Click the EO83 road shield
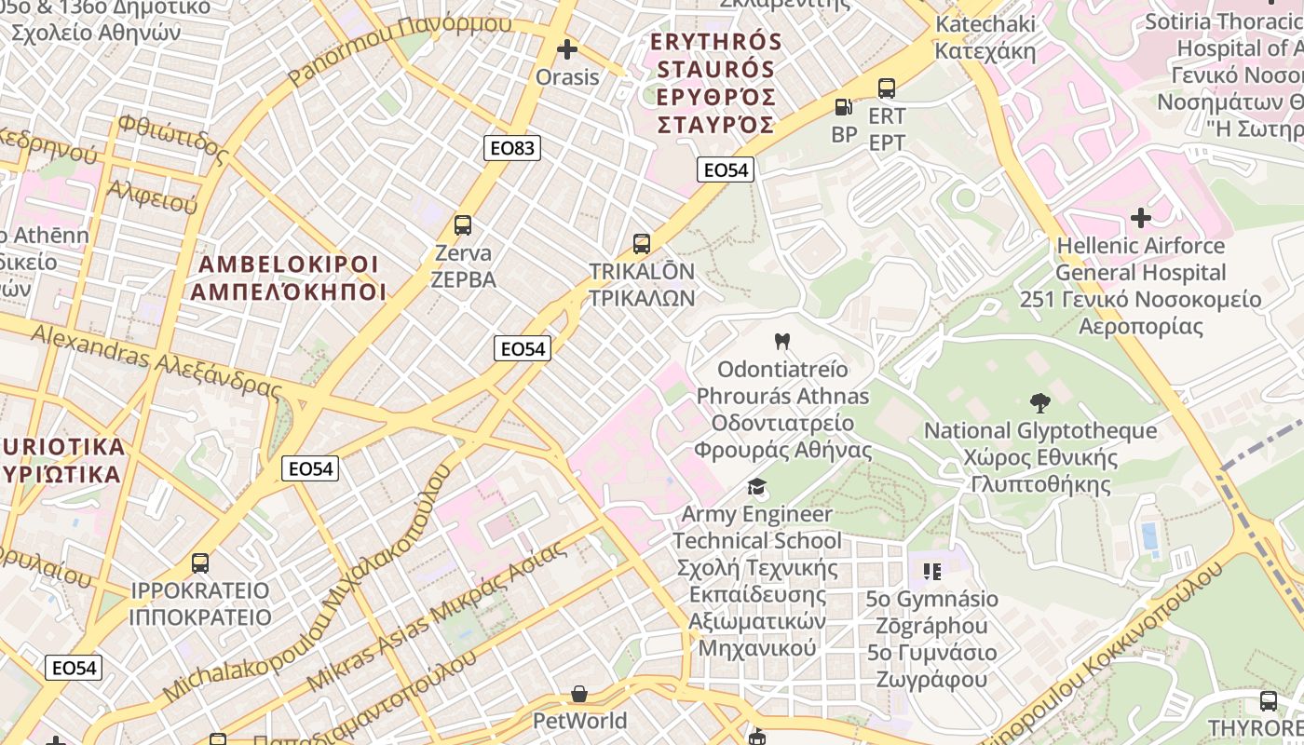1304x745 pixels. pos(512,147)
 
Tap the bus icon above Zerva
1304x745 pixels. pos(463,224)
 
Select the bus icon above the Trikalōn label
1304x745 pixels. pos(641,244)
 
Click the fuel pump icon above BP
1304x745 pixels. pos(843,107)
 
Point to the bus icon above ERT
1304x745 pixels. pos(886,88)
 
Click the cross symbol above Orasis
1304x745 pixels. pos(566,49)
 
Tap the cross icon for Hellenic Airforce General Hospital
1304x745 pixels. pos(1140,218)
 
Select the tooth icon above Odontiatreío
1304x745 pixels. pos(781,342)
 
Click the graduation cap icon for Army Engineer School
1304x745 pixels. pos(756,487)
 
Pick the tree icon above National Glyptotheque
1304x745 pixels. pos(1039,403)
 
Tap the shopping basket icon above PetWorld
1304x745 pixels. pos(579,694)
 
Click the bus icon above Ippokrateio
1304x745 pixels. pos(199,563)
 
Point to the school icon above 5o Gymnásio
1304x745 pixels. pos(931,571)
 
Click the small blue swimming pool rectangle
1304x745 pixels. pos(1149,535)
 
